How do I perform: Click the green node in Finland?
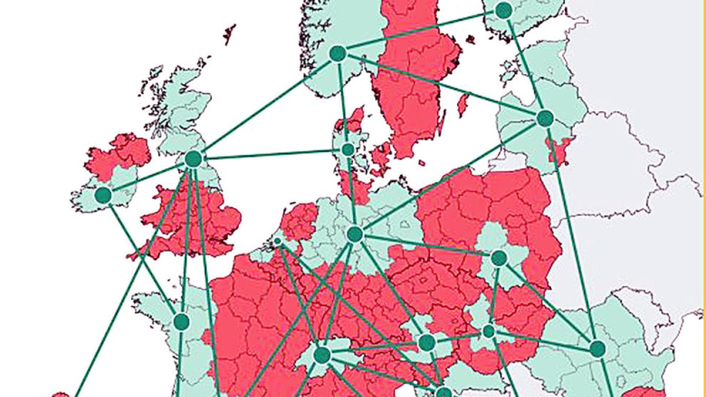(504, 10)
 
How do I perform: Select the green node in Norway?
(337, 54)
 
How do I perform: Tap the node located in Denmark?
(348, 149)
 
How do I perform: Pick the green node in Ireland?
(103, 195)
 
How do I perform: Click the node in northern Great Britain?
(193, 159)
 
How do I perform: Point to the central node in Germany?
(354, 234)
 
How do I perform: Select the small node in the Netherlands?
(278, 241)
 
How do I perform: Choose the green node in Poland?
(499, 258)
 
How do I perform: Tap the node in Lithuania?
(545, 118)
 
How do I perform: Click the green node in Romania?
(598, 349)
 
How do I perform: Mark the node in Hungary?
(488, 331)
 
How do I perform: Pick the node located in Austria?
(427, 342)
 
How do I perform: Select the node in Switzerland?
(322, 355)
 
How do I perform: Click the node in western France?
(181, 322)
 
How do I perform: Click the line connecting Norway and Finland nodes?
(420, 32)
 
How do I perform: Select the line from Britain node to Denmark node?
(271, 154)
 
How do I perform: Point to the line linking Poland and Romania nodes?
(548, 303)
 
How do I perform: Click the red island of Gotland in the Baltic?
(463, 105)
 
